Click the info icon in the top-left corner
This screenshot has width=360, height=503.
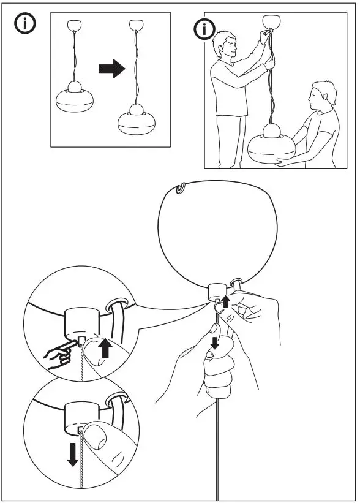24,25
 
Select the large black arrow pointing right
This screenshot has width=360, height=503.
111,69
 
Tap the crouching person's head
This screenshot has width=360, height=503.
322,96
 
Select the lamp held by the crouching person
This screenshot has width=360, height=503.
271,145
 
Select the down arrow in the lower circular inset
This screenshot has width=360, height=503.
73,453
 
